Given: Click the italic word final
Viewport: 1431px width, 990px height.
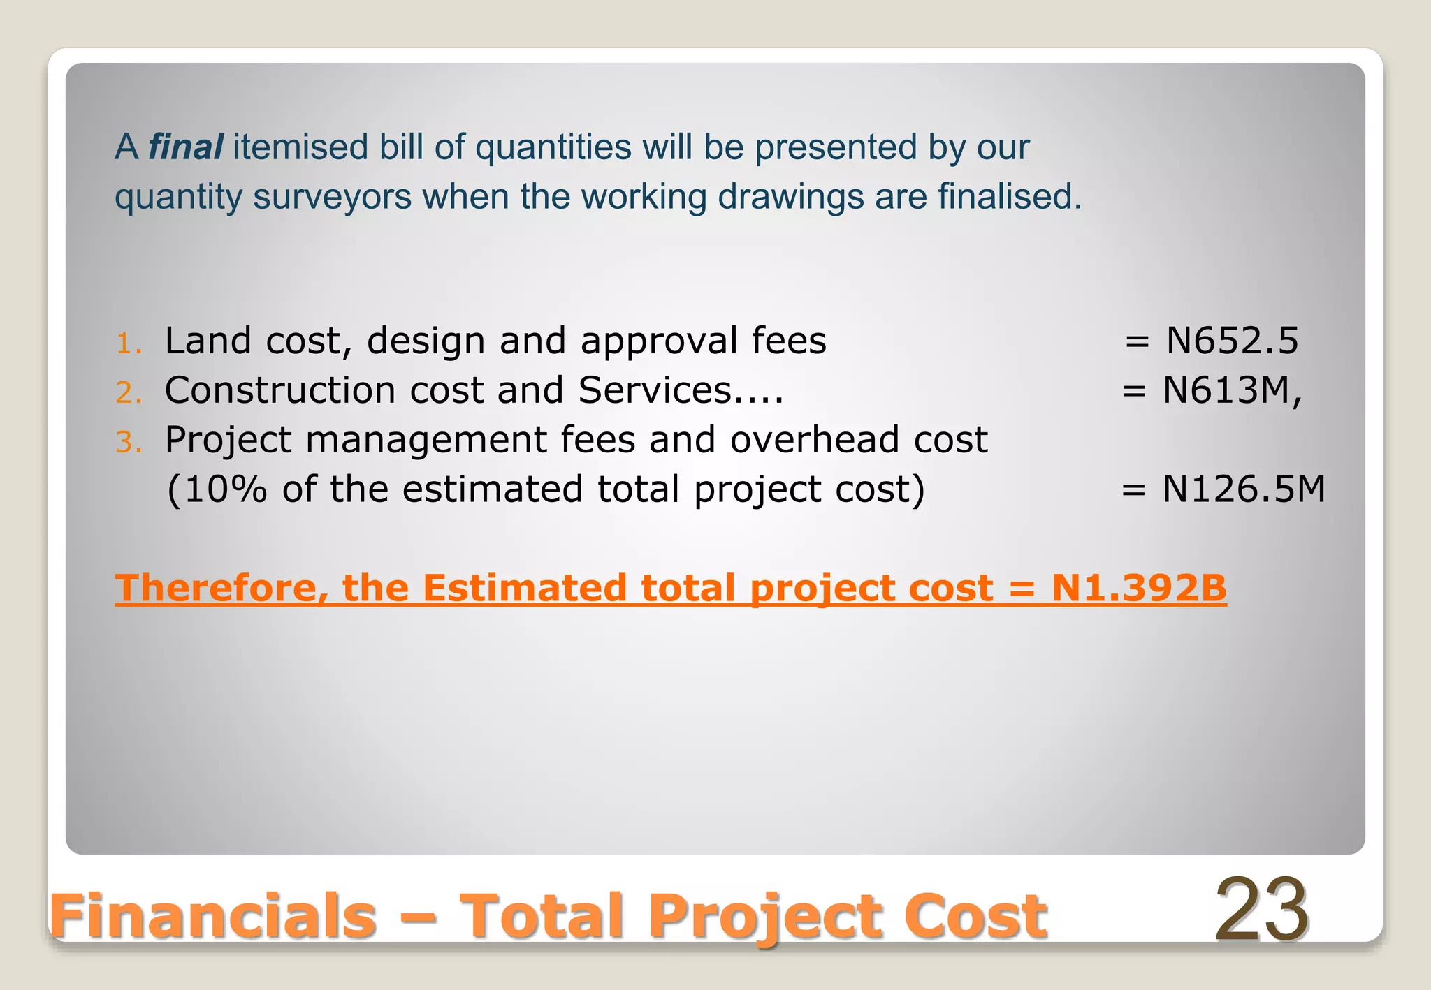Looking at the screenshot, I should tap(185, 147).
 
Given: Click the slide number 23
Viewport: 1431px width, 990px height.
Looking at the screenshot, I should tap(1261, 910).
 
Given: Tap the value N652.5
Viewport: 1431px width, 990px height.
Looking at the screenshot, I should tap(1232, 341).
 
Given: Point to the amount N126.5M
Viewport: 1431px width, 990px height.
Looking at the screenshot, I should tap(1243, 489).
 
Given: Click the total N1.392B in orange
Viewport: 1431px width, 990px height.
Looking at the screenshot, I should tap(1139, 588).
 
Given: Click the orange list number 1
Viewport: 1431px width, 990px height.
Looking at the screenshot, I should tap(129, 343).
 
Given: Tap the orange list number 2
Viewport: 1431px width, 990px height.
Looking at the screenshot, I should tap(129, 392).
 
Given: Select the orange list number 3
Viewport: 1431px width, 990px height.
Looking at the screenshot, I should tap(129, 442).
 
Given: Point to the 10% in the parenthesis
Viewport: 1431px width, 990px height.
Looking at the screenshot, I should tap(225, 489).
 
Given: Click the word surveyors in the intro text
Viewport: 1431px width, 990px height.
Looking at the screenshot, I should tap(332, 197).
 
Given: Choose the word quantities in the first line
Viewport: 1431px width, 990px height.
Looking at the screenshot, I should tap(553, 147).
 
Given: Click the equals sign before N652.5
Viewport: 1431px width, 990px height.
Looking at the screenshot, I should tap(1137, 342).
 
